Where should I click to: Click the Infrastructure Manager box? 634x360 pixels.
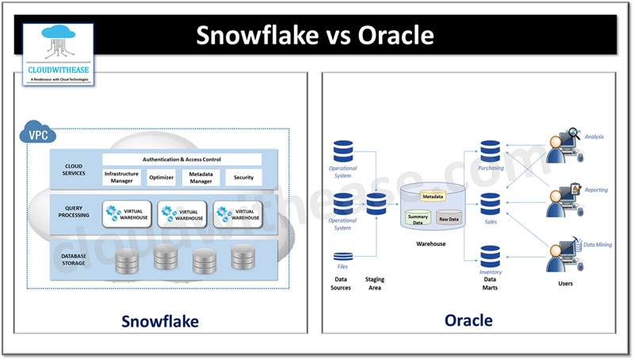click(122, 176)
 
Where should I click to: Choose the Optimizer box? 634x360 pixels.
click(162, 177)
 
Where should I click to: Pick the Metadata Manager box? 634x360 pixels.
click(201, 176)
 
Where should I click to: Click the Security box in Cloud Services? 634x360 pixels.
click(243, 177)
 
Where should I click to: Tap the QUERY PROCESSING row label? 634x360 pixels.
click(74, 211)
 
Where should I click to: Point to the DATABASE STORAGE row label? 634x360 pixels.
click(74, 259)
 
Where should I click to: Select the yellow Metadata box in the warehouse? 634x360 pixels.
click(432, 196)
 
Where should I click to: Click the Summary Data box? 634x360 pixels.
click(418, 219)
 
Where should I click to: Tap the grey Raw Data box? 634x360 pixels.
click(449, 218)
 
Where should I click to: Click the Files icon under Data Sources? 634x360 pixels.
click(343, 257)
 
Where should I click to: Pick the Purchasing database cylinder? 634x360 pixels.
click(491, 151)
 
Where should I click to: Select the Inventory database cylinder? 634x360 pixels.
click(491, 256)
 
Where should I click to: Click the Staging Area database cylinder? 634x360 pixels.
click(376, 204)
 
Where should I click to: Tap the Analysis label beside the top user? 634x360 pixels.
click(594, 137)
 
